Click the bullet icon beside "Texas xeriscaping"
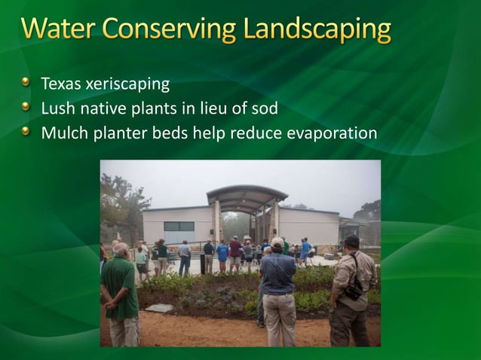(x=27, y=81)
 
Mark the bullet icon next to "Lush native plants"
(x=27, y=107)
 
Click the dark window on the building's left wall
(x=178, y=227)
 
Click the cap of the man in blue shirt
(x=277, y=242)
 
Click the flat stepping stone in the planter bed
(x=159, y=307)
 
